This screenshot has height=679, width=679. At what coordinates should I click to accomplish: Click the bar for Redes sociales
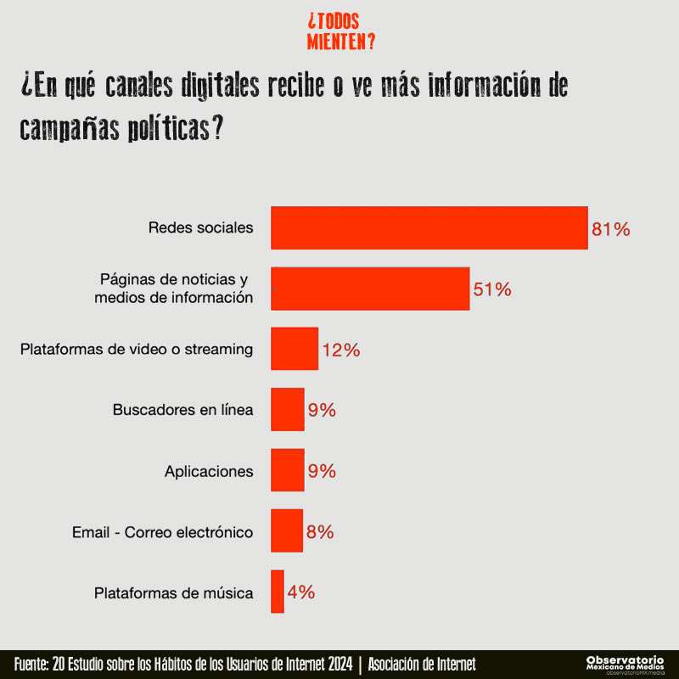[429, 227]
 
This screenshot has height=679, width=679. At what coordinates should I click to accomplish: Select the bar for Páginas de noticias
[370, 289]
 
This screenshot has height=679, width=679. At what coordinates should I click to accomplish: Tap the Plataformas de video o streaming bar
[295, 349]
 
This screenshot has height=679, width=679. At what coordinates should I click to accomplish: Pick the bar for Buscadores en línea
[287, 410]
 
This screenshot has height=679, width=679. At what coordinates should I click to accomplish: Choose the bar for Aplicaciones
[287, 471]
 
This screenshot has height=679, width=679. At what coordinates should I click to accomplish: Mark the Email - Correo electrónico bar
[286, 532]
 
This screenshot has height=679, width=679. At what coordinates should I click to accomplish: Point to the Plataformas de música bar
[278, 592]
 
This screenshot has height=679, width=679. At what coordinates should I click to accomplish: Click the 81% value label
[611, 229]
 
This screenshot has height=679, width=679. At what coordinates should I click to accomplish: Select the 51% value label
[492, 289]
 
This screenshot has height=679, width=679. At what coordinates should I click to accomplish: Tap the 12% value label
[341, 350]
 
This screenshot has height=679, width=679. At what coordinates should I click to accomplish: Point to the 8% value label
[320, 533]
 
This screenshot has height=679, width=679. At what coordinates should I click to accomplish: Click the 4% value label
[301, 592]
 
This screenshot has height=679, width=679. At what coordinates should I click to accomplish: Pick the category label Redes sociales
[200, 227]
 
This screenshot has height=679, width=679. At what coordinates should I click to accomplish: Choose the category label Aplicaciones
[209, 471]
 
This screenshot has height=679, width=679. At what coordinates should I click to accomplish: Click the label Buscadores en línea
[182, 410]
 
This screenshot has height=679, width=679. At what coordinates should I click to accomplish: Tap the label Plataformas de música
[174, 593]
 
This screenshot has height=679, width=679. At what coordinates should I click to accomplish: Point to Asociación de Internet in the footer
[422, 664]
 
